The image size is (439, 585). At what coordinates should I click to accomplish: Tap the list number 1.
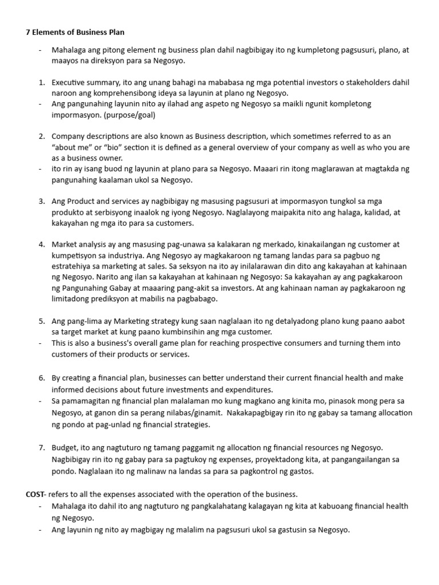pyautogui.click(x=41, y=82)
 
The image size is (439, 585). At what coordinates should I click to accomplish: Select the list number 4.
pyautogui.click(x=41, y=244)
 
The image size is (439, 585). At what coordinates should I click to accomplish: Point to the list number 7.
pyautogui.click(x=41, y=448)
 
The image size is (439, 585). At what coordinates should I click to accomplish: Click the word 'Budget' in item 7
pyautogui.click(x=65, y=448)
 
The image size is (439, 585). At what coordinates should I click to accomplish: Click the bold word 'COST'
pyautogui.click(x=35, y=494)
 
